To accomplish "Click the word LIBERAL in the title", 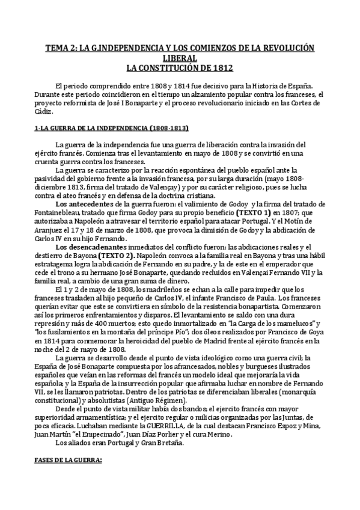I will pyautogui.click(x=180, y=58).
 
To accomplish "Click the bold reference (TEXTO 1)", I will pyautogui.click(x=254, y=213).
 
